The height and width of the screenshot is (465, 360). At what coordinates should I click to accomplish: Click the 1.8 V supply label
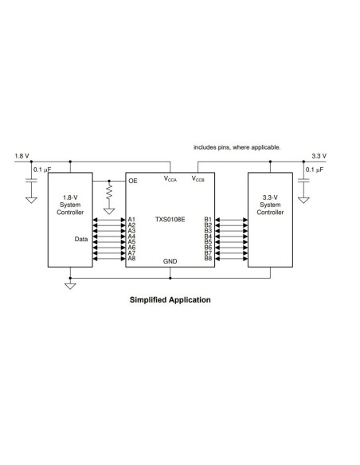[22, 156]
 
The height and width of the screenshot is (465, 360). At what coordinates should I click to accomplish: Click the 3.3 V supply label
[319, 156]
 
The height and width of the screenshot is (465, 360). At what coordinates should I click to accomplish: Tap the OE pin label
[133, 182]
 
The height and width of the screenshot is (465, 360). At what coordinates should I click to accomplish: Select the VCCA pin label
[171, 180]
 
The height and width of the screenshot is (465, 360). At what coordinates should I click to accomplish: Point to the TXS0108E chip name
[170, 219]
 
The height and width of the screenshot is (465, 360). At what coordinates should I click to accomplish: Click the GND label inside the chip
[170, 261]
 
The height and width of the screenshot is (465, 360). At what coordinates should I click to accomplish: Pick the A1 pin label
[131, 219]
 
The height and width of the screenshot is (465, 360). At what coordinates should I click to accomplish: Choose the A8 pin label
[131, 258]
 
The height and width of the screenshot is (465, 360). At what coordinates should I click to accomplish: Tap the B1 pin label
[208, 219]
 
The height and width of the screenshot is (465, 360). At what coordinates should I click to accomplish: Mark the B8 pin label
[208, 258]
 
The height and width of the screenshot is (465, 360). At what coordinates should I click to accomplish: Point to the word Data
[80, 238]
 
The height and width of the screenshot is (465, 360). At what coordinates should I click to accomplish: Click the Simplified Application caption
[170, 301]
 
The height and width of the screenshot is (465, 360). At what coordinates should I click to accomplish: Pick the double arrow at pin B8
[231, 258]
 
